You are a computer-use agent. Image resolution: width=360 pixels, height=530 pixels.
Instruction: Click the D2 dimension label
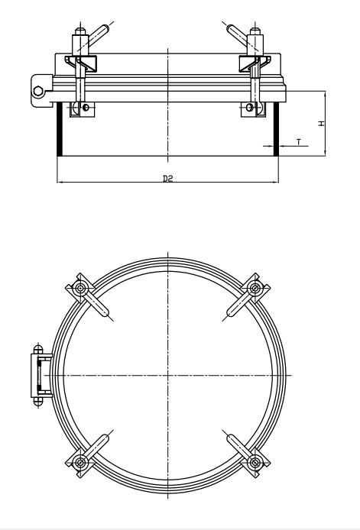tap(168, 179)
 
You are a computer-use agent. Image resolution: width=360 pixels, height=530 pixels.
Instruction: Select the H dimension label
tap(322, 122)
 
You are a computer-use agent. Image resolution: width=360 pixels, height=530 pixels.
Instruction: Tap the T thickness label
tap(298, 141)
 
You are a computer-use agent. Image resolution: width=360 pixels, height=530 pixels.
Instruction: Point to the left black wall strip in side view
tap(60, 131)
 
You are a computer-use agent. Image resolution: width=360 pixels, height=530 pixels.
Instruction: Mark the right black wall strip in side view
tap(276, 131)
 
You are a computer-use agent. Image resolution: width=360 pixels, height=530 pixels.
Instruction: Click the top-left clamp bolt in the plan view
tap(80, 289)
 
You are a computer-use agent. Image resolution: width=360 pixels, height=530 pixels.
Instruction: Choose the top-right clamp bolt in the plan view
tap(255, 288)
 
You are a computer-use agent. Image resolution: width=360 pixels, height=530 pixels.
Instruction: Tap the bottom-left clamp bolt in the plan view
tap(80, 461)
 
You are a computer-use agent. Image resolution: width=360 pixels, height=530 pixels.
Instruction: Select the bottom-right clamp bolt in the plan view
tap(255, 461)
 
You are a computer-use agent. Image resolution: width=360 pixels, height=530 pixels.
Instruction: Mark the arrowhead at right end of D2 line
tap(276, 183)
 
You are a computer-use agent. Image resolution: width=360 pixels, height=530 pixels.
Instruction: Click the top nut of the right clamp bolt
tap(256, 35)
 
